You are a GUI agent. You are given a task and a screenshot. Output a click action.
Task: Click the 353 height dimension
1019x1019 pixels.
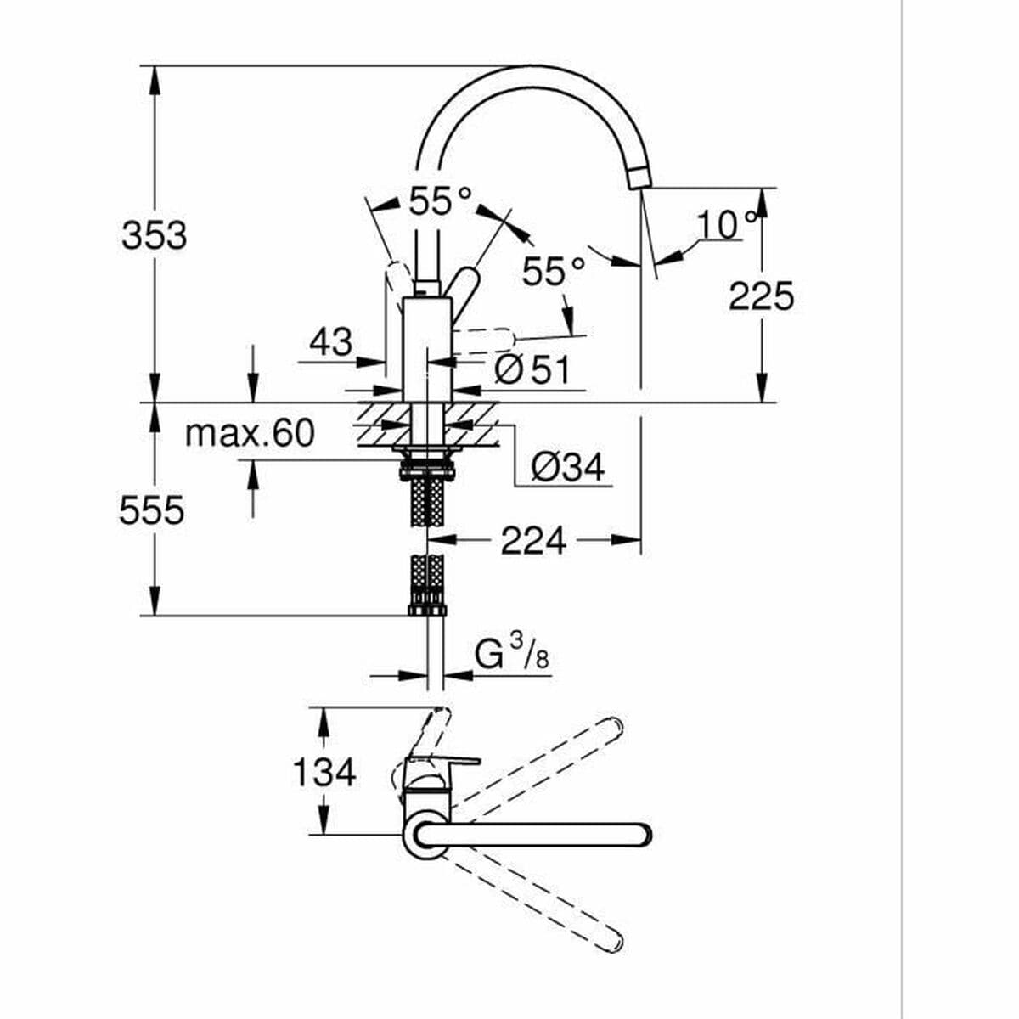coord(154,235)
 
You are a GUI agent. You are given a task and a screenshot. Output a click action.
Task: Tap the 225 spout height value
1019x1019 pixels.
coord(761,296)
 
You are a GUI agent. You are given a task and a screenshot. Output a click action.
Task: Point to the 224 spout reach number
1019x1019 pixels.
coord(533,540)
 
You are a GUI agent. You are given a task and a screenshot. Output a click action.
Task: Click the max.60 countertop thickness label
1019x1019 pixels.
coord(250,433)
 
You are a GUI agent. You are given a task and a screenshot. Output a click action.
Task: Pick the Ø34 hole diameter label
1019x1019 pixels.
coord(567,466)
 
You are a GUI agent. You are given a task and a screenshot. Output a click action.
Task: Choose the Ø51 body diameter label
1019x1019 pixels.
coord(532,369)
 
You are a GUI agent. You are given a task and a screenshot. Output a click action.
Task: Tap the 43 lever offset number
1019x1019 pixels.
coord(330,342)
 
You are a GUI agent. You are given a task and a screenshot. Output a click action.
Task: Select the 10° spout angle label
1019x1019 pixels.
coord(726,224)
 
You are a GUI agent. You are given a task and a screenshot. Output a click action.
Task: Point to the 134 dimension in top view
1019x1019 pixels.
coord(324,772)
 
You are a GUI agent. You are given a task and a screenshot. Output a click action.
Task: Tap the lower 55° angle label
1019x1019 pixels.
coord(553,271)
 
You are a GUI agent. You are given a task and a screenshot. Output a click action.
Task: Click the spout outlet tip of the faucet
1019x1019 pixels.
coord(639,177)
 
